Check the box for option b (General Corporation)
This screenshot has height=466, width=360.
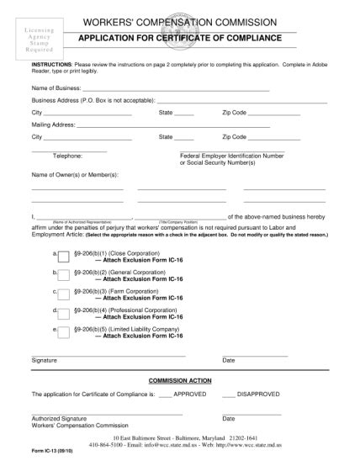click(x=63, y=276)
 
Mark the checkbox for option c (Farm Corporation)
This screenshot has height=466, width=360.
click(x=63, y=294)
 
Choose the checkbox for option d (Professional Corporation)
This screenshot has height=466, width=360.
click(x=63, y=313)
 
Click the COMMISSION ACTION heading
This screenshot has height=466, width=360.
click(x=178, y=381)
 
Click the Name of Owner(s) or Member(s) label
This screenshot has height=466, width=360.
click(x=75, y=175)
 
